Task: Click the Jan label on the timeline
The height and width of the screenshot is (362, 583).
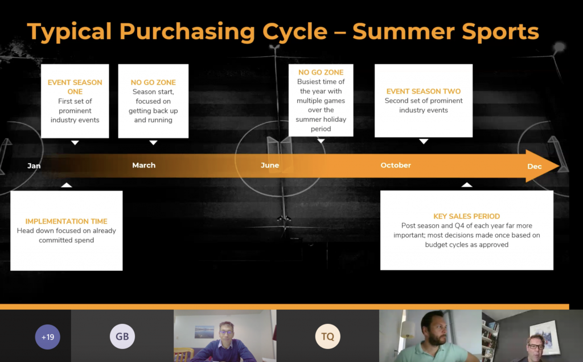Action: click(34, 166)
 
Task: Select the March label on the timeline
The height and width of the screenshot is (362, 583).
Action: click(144, 165)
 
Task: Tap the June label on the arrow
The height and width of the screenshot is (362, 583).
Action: click(269, 165)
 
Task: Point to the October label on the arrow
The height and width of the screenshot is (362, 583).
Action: click(396, 165)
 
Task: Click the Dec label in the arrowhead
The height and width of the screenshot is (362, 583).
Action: click(534, 166)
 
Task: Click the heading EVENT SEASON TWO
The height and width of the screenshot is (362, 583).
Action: click(424, 91)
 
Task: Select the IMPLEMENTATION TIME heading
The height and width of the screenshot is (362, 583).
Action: click(66, 221)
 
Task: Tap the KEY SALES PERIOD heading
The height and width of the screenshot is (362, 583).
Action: click(467, 216)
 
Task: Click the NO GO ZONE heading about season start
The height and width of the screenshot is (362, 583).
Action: click(153, 82)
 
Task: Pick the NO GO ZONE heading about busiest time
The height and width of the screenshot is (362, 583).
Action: click(321, 72)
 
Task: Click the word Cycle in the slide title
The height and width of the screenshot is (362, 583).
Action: click(295, 31)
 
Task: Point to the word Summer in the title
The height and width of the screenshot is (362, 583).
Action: click(403, 31)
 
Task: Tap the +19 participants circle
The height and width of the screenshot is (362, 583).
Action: click(48, 337)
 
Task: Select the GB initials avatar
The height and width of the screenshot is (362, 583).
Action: click(122, 336)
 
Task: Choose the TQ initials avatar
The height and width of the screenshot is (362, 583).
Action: click(327, 336)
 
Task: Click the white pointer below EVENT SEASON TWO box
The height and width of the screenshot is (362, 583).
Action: click(424, 141)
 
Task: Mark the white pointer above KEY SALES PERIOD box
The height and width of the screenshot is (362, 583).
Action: click(467, 185)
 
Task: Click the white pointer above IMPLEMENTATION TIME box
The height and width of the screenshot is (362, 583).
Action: click(67, 185)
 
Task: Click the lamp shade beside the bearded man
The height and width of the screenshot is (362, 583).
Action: click(408, 330)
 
